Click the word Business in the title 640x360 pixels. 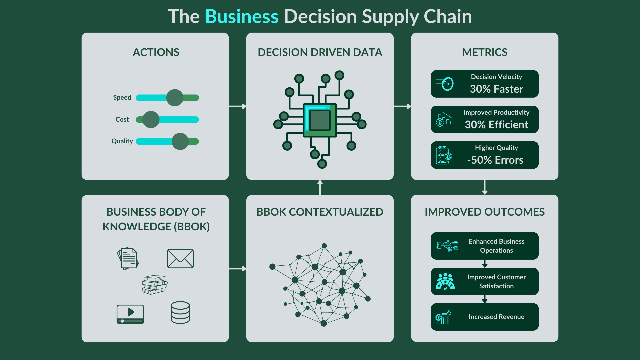[242, 17]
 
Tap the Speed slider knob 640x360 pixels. [175, 98]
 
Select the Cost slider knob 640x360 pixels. [151, 120]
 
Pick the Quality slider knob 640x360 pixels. [180, 141]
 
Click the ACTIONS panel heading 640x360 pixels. [156, 52]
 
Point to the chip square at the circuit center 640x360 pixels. [320, 120]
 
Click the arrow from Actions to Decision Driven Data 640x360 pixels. [237, 106]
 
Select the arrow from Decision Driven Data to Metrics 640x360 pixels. [402, 106]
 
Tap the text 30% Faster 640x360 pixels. [496, 89]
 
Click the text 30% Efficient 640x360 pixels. [496, 125]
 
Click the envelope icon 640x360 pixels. [180, 258]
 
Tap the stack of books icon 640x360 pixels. [154, 285]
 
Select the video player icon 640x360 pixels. [130, 314]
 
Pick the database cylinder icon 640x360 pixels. [180, 313]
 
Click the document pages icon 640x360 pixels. [128, 258]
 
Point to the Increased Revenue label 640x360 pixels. [496, 317]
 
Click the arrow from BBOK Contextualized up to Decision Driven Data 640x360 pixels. [320, 188]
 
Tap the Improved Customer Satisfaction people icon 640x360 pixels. [445, 281]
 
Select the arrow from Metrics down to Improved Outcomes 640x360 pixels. [485, 187]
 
